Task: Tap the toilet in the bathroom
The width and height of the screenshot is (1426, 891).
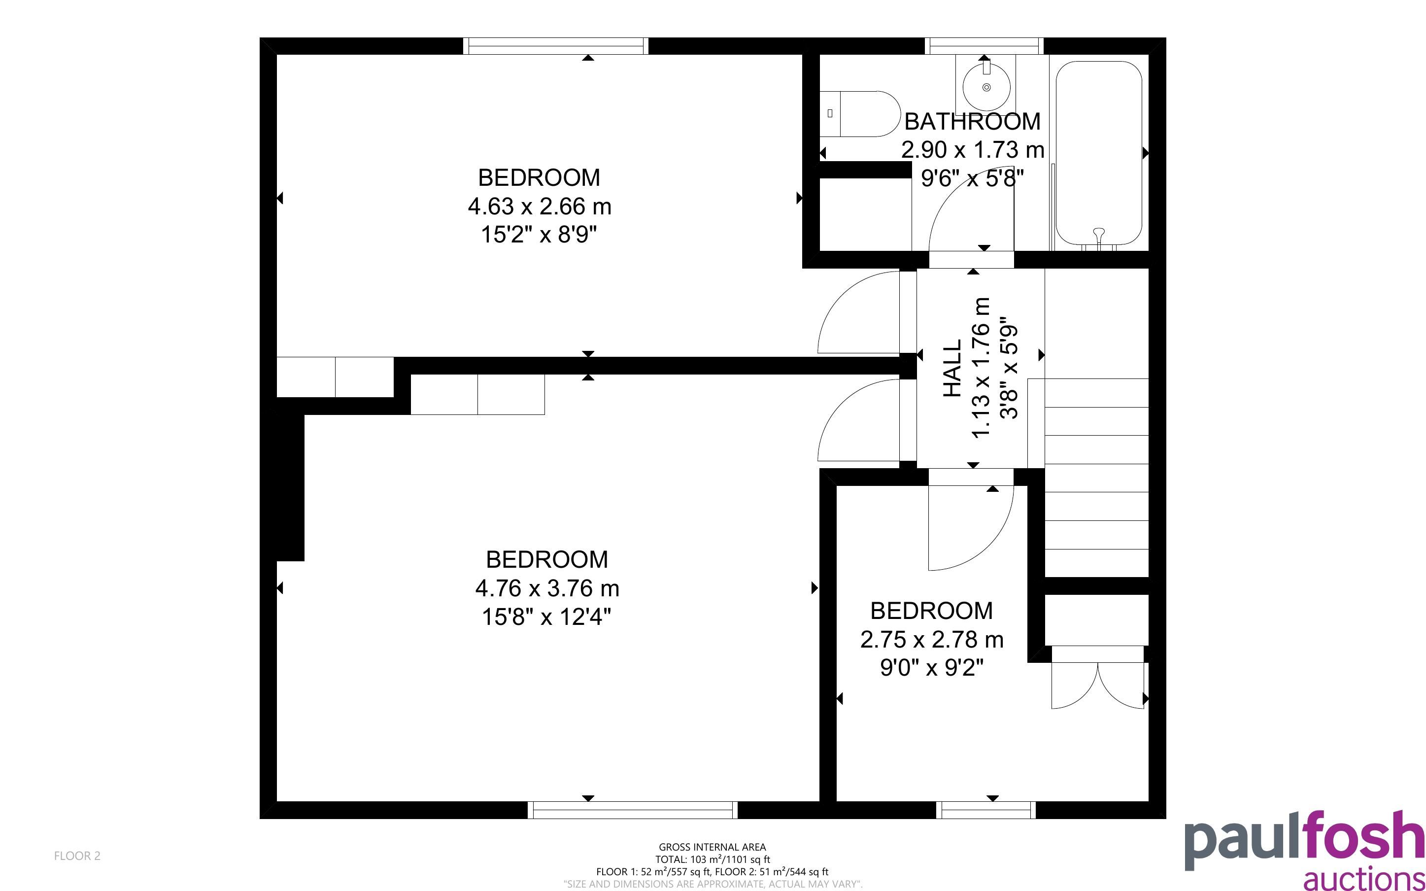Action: click(x=860, y=114)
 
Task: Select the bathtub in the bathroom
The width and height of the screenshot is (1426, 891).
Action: click(x=1098, y=153)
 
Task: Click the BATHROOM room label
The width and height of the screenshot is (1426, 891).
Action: click(x=973, y=121)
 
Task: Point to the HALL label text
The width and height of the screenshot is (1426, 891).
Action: click(x=952, y=368)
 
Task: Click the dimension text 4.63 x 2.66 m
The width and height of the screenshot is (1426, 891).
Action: click(x=540, y=206)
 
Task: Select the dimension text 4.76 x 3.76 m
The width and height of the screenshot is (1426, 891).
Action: click(x=547, y=588)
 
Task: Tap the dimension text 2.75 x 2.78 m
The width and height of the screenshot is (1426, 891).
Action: click(x=932, y=639)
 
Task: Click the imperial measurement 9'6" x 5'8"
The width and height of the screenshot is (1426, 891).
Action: click(x=973, y=177)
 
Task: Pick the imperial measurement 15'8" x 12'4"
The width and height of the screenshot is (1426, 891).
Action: click(x=546, y=617)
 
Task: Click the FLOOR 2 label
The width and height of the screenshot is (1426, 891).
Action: click(x=77, y=856)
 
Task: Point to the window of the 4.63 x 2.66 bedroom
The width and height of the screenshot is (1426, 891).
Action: click(x=555, y=46)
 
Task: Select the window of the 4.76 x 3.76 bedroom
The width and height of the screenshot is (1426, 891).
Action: click(x=632, y=810)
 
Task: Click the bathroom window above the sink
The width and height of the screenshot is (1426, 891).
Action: click(x=984, y=46)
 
